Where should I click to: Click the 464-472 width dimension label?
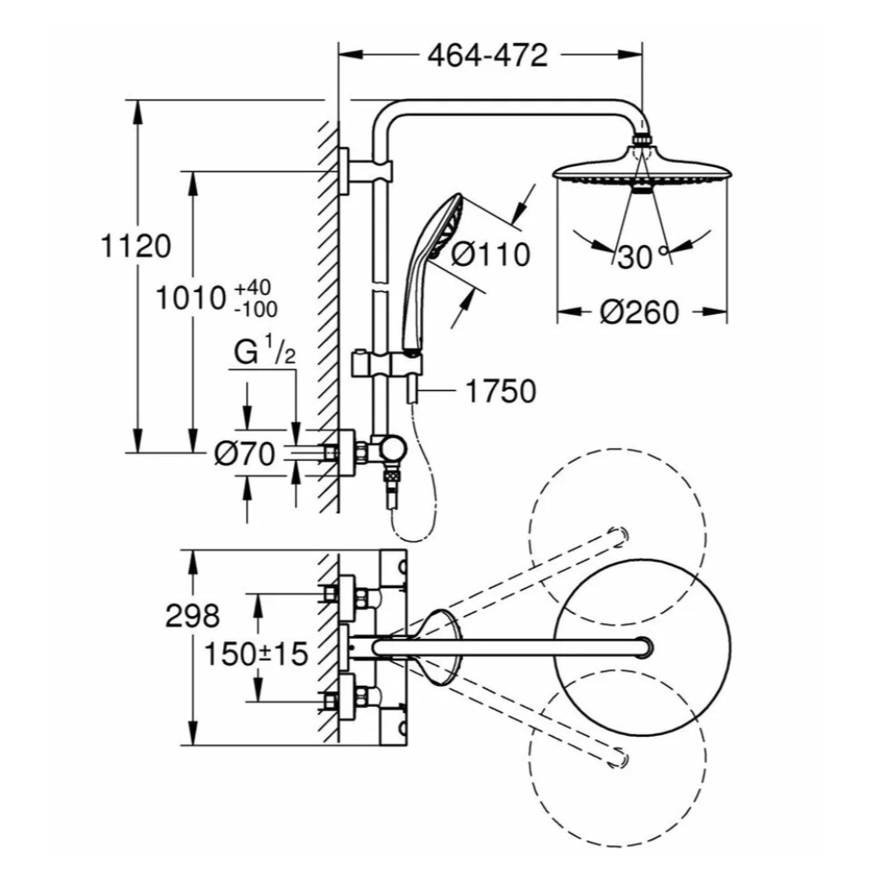click(487, 55)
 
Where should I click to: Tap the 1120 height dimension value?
click(134, 248)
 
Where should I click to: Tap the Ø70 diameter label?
click(245, 453)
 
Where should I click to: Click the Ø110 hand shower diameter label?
click(491, 255)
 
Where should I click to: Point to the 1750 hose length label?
click(500, 391)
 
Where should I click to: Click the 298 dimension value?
click(192, 617)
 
